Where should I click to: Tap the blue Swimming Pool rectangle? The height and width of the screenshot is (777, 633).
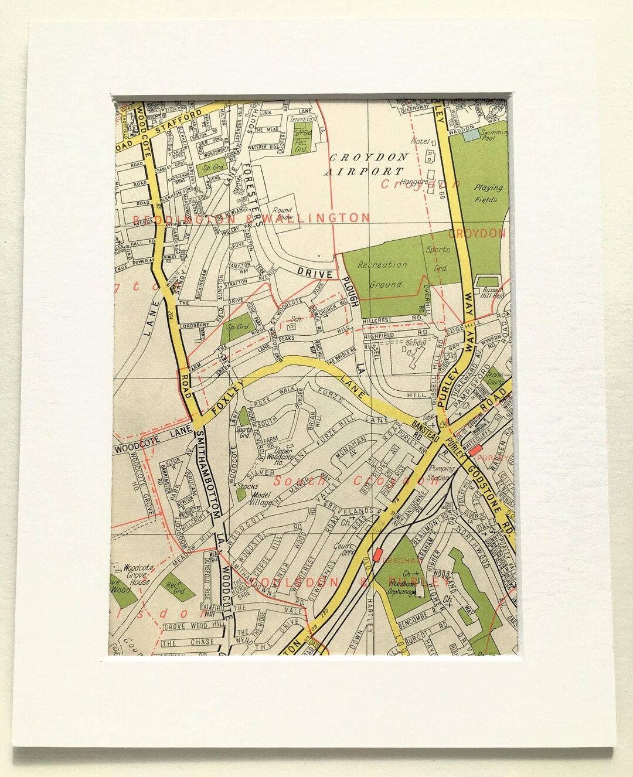click(471, 135)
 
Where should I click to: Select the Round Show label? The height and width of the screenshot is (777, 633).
click(282, 213)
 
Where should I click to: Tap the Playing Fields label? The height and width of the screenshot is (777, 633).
click(487, 193)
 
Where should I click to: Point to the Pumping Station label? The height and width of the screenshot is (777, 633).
click(441, 472)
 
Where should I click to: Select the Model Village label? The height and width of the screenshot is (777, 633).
click(254, 499)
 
